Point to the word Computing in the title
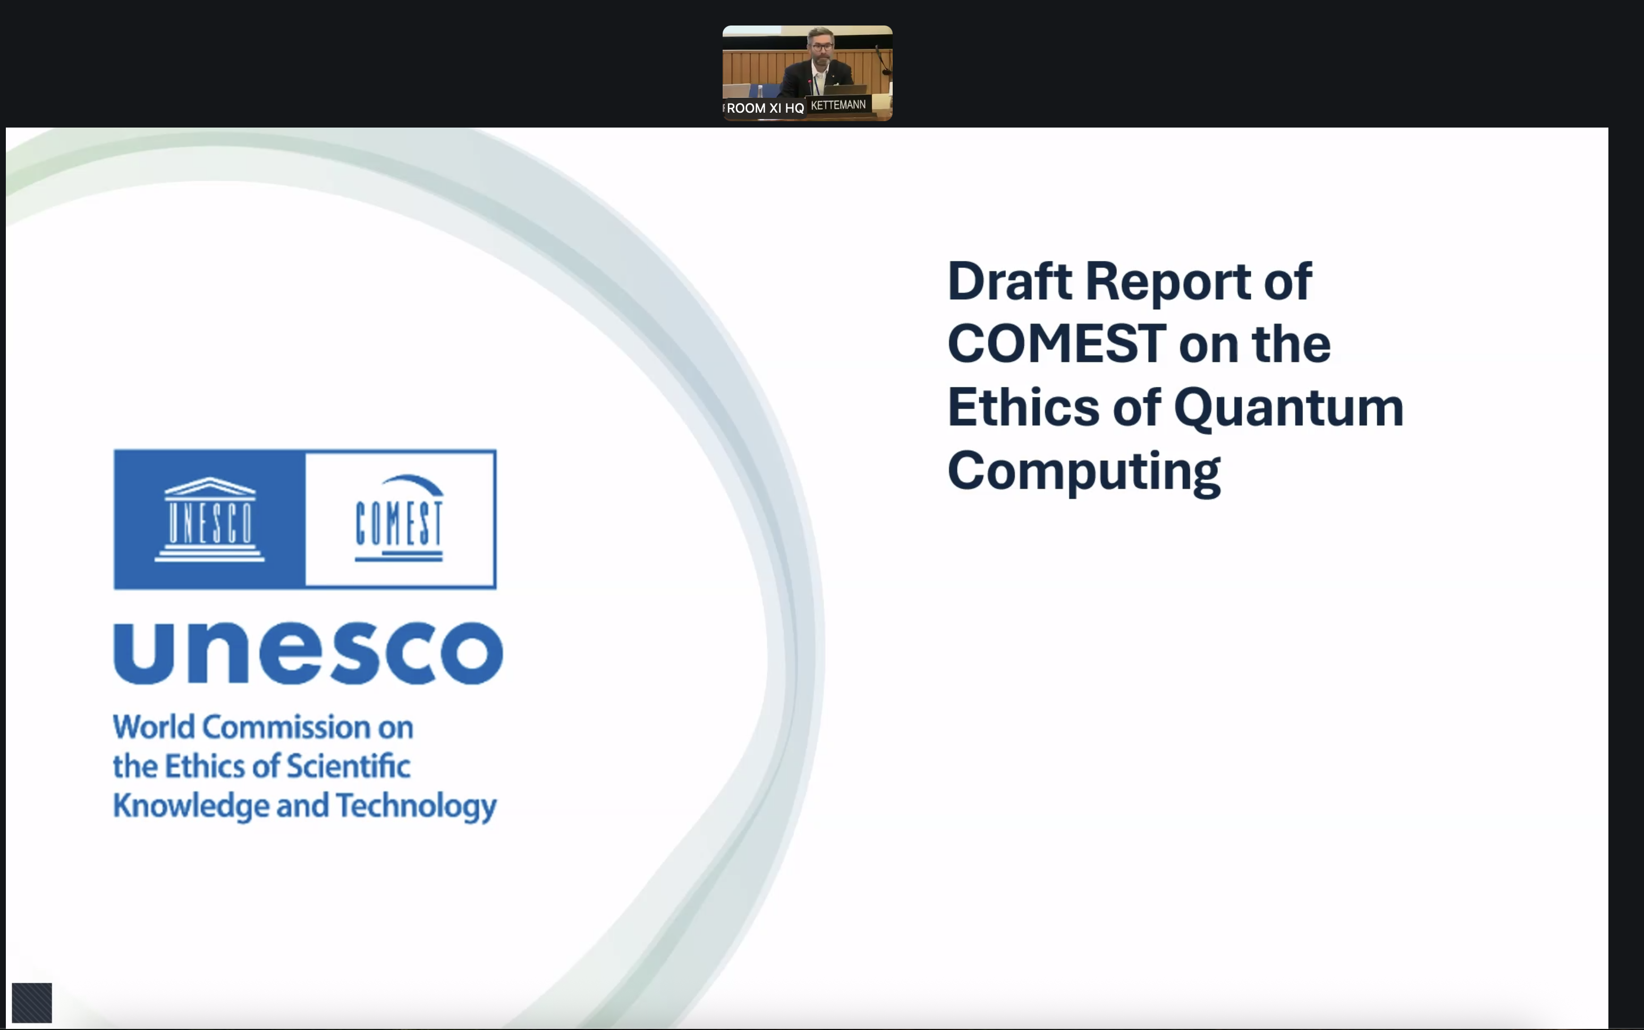coord(1083,471)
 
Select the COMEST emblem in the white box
coord(399,518)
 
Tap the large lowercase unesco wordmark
coord(308,653)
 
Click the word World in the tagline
coord(154,727)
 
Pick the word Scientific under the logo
coord(348,766)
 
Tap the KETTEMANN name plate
coord(838,105)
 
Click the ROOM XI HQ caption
coord(765,108)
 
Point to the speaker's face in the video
coord(822,48)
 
